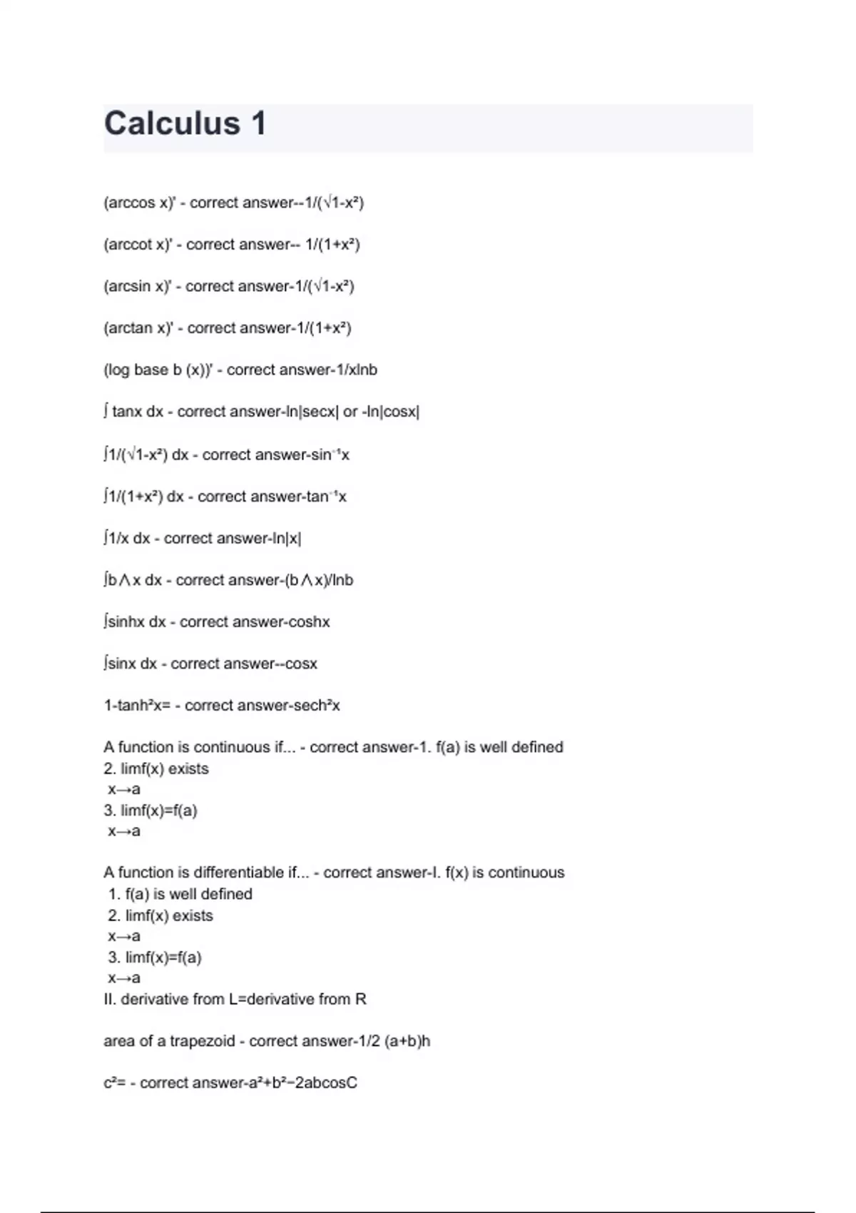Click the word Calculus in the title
point(172,123)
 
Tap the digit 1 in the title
point(258,123)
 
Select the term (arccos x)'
point(139,203)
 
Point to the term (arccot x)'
point(138,245)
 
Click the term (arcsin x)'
point(138,286)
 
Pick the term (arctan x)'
point(138,328)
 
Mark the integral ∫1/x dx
point(126,539)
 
